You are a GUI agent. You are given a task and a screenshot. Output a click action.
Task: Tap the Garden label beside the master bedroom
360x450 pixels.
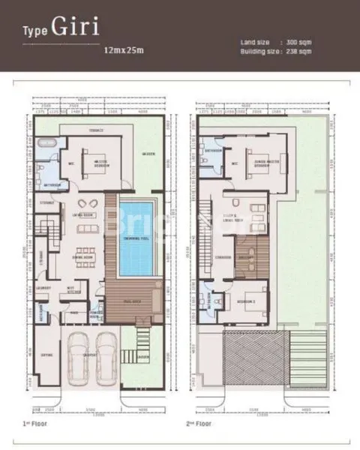point(149,154)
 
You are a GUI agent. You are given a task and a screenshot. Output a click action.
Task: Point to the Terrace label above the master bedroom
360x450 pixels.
point(95,130)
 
